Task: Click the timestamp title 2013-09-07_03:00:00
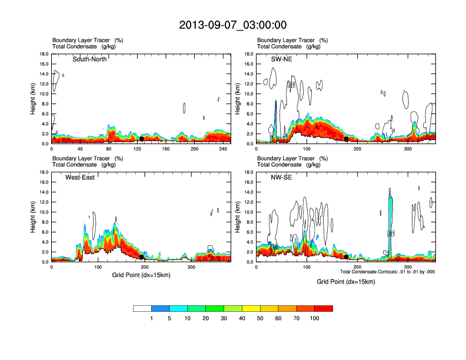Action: pos(232,25)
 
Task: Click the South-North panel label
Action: pos(89,59)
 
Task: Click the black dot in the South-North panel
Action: pos(142,139)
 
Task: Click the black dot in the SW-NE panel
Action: pos(346,139)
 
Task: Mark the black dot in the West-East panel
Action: pos(142,257)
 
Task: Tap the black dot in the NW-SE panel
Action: pos(346,256)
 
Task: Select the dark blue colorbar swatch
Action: pos(161,308)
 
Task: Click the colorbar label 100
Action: pos(315,318)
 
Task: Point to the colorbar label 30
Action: pos(224,318)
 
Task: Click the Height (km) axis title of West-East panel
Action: pos(34,216)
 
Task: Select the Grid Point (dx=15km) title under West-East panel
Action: pos(141,275)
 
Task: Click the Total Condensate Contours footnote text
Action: pos(387,271)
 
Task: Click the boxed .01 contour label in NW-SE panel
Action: pos(391,234)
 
